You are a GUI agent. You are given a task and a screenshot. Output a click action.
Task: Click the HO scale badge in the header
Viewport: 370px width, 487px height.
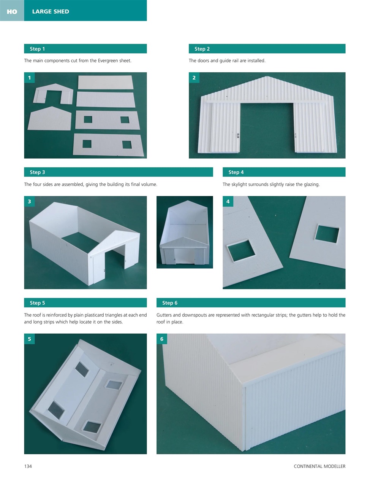[x=12, y=11]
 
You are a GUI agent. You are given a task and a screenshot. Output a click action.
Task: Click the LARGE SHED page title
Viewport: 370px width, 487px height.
[x=51, y=11]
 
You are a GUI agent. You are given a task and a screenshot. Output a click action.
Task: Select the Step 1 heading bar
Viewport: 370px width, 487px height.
[x=85, y=49]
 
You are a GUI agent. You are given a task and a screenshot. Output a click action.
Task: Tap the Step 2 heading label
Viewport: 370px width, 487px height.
[x=202, y=49]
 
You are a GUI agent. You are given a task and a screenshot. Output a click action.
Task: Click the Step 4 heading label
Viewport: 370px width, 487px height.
[x=236, y=172]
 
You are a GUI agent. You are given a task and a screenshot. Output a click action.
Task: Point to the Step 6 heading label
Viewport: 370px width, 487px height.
[x=170, y=303]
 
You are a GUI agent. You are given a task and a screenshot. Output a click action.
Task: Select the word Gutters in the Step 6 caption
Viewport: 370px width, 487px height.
[x=164, y=315]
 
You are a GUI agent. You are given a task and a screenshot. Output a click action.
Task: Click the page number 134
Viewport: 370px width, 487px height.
[x=28, y=466]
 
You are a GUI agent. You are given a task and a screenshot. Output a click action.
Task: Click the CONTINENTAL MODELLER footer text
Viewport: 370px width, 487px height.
[x=319, y=466]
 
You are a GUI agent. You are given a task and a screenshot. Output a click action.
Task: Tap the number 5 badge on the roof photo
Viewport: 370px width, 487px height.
[x=29, y=339]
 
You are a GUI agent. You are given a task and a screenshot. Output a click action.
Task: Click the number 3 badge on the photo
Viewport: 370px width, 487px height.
[x=29, y=201]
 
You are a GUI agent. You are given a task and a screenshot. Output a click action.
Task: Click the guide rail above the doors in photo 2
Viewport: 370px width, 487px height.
[x=266, y=102]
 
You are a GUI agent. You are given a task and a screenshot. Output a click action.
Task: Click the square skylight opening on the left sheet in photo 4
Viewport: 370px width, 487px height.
[x=241, y=250]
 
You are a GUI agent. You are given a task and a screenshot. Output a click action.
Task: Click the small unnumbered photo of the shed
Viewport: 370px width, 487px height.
[x=185, y=232]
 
